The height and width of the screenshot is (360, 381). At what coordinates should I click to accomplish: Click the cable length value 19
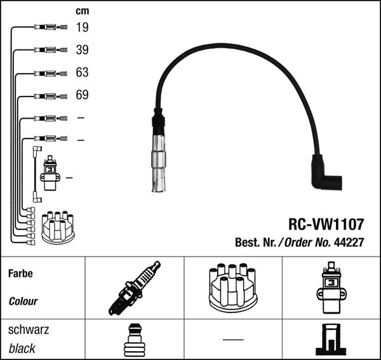(82, 27)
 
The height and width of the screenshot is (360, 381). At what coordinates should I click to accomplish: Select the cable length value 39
(82, 50)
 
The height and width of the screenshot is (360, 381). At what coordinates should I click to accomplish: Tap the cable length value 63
(82, 72)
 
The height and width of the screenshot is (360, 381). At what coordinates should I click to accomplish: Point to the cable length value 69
(82, 95)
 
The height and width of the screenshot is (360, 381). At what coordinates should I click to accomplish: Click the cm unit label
(82, 11)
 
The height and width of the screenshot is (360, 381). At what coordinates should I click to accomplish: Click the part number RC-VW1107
(326, 224)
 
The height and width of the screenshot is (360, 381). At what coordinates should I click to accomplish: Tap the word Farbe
(20, 274)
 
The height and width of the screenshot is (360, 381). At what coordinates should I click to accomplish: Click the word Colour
(23, 302)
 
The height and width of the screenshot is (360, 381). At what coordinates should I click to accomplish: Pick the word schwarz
(28, 330)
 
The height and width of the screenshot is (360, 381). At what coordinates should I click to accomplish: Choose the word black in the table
(22, 349)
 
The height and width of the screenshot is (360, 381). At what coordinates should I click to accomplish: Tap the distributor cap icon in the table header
(233, 287)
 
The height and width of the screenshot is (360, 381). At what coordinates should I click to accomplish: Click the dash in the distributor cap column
(233, 340)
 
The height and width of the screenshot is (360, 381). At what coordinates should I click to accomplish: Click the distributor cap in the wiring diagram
(57, 227)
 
